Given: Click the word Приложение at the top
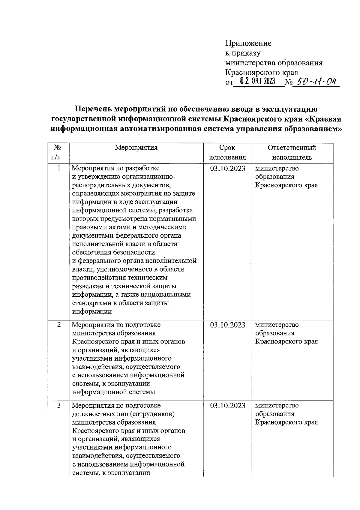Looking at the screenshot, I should coord(248,43).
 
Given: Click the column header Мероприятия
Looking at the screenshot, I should coord(136,148).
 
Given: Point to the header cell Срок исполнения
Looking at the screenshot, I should coord(227,152).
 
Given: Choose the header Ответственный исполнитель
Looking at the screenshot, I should coord(292,152).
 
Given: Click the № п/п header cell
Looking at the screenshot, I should coord(58,152).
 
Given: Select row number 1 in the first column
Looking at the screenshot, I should coord(59,168).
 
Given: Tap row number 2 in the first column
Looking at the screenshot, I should coord(59,325).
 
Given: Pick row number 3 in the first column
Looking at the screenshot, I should coord(59,406).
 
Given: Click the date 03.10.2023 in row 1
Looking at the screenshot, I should coord(227,169).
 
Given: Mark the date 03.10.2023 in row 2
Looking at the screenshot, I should coord(227,325).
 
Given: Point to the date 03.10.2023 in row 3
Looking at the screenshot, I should coord(227,406).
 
